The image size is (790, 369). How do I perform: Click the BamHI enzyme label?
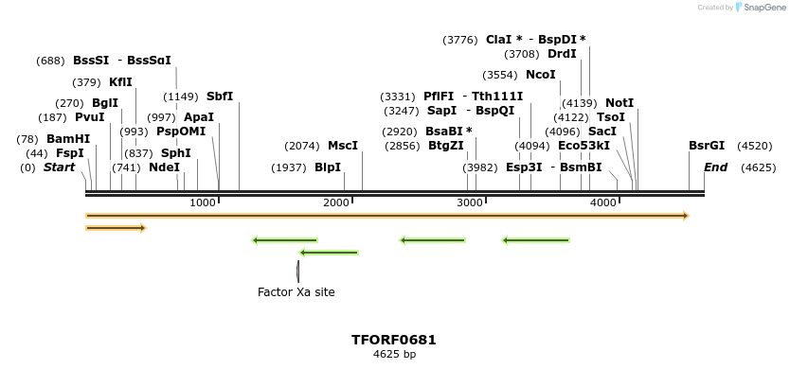68,139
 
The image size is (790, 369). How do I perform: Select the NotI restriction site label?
619,103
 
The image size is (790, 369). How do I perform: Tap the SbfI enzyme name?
220,97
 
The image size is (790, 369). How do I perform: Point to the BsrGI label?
707,146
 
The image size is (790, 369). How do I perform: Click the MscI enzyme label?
343,146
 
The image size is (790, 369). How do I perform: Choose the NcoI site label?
541,75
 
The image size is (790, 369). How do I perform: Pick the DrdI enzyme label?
562,54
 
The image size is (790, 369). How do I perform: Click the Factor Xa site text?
296,292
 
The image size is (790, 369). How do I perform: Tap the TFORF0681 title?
394,340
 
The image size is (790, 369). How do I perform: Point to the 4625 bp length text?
394,355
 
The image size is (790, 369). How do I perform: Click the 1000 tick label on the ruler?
204,203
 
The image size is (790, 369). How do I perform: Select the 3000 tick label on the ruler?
471,203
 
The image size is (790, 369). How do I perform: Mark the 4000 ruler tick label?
604,203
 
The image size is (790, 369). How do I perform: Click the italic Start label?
59,167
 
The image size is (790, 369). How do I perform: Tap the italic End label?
715,167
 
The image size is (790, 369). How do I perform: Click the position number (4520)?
755,146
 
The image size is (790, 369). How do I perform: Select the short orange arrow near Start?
116,228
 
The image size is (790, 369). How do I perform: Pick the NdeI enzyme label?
164,167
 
